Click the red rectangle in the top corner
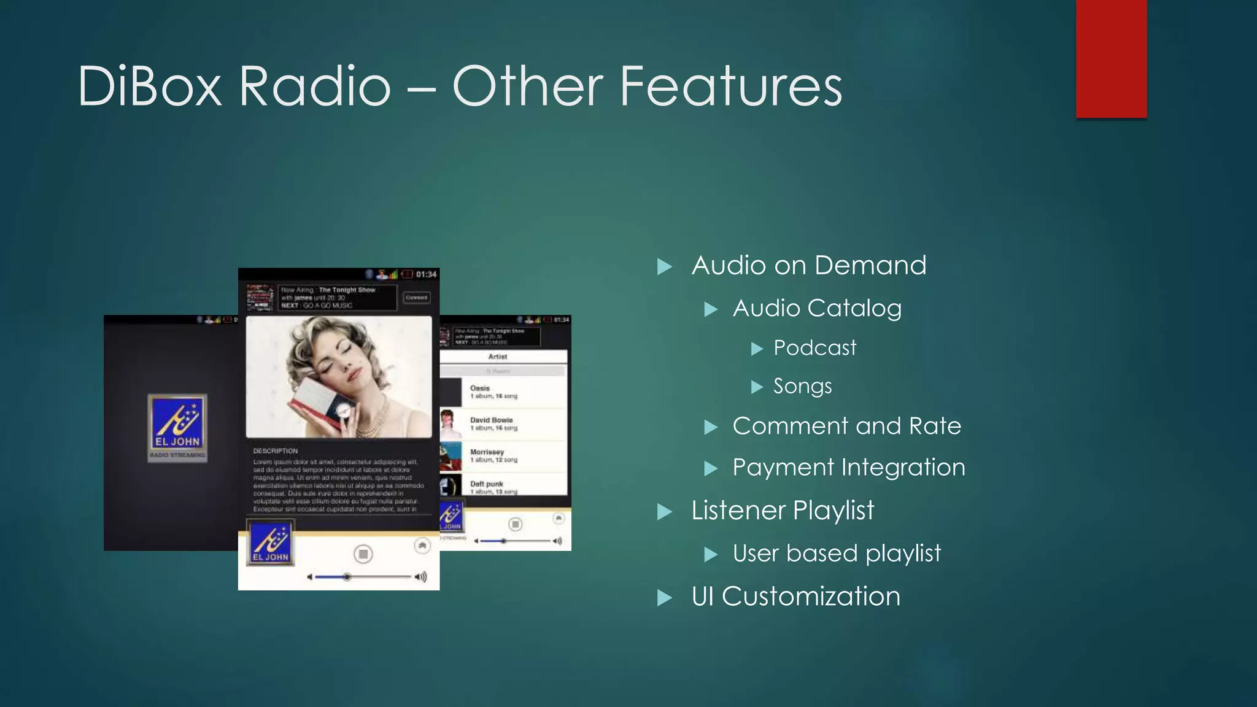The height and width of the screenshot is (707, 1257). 1111,58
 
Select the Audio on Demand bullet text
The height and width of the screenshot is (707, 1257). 808,266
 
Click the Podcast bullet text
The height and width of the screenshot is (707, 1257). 814,348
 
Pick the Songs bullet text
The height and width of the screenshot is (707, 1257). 802,386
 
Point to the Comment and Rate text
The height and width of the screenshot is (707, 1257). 846,426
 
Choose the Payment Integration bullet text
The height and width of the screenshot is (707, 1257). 848,468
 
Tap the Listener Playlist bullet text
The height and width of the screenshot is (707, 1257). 783,511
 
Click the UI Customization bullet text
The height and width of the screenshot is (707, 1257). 795,597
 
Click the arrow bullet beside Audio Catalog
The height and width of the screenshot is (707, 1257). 711,309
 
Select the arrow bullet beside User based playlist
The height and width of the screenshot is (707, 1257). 711,555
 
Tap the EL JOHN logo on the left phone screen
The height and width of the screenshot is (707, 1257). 177,427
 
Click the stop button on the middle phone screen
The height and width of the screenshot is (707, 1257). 363,554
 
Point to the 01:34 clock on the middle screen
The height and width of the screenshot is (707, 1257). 426,274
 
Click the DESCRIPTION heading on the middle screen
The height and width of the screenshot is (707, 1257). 276,450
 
